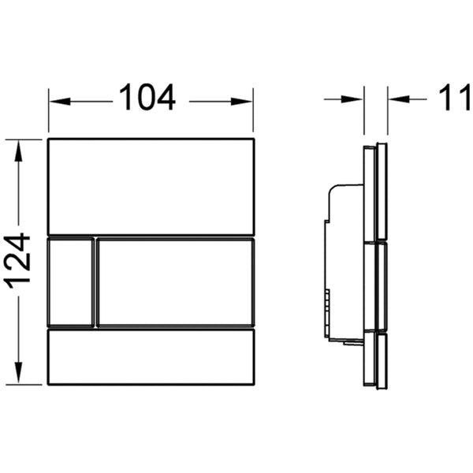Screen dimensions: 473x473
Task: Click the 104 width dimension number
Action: tap(147, 97)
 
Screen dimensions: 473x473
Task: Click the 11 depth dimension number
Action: tap(455, 98)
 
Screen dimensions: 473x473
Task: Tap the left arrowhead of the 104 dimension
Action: tap(60, 102)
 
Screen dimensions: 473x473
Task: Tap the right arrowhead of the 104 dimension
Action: tap(242, 102)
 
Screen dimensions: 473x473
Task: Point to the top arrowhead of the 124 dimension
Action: tap(18, 151)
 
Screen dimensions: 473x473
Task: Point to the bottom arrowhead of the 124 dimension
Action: tap(18, 373)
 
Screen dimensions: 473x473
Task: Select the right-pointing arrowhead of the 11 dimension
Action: tap(352, 99)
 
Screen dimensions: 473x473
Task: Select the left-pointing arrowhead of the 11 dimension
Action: tap(400, 99)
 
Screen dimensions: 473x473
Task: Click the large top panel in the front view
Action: tap(151, 186)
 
